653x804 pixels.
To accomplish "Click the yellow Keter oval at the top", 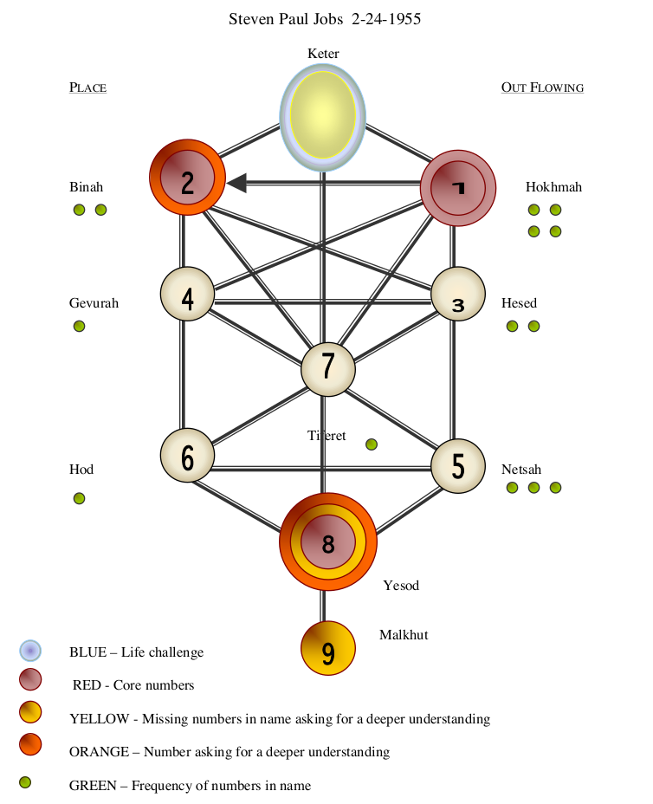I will pos(322,115).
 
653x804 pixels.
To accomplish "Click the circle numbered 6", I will pos(187,456).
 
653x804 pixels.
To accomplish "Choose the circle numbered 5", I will pos(458,466).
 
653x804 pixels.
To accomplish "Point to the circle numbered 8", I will pos(328,542).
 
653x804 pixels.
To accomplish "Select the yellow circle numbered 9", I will pos(328,649).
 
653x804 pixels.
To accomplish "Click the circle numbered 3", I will pos(458,294).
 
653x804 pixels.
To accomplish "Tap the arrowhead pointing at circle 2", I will pos(236,183).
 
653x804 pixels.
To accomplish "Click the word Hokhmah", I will pos(553,187).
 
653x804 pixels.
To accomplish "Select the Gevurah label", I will pos(94,303).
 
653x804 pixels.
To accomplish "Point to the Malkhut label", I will pos(404,635).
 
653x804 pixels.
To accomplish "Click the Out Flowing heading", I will pos(542,88).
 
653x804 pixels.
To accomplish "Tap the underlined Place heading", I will pos(87,88).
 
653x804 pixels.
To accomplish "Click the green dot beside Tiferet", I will pos(372,444).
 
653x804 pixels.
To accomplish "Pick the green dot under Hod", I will pos(79,498).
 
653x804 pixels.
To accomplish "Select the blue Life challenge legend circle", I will pos(30,651).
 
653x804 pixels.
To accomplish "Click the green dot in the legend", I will pos(25,783).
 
